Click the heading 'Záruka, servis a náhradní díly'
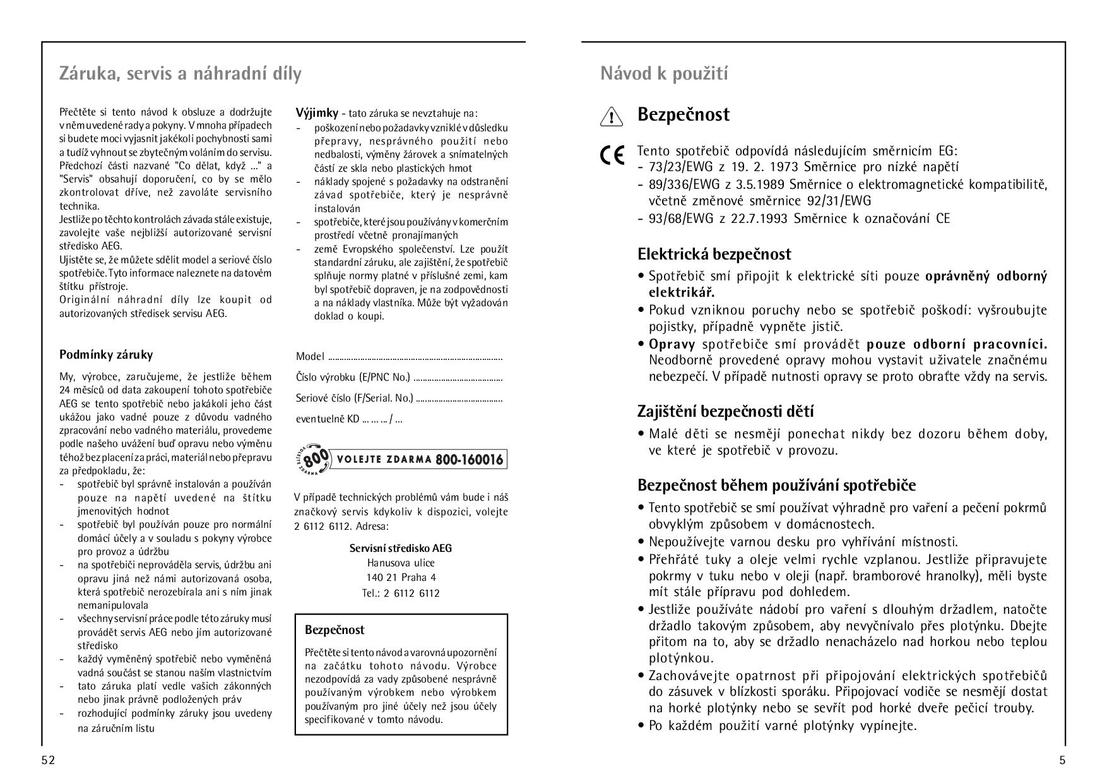(180, 74)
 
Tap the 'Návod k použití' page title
(664, 74)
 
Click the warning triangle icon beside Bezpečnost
(611, 117)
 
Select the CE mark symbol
(612, 155)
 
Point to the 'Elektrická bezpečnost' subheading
(714, 254)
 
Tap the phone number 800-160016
(469, 459)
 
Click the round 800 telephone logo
(314, 459)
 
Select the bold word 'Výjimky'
(317, 114)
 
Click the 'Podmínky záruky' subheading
(106, 355)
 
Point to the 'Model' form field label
(310, 357)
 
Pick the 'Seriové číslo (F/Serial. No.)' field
(354, 398)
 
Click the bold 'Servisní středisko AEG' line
(401, 548)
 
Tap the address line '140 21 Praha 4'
(401, 577)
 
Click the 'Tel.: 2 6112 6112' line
(401, 593)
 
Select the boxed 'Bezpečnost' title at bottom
(334, 630)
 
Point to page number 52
(48, 760)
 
